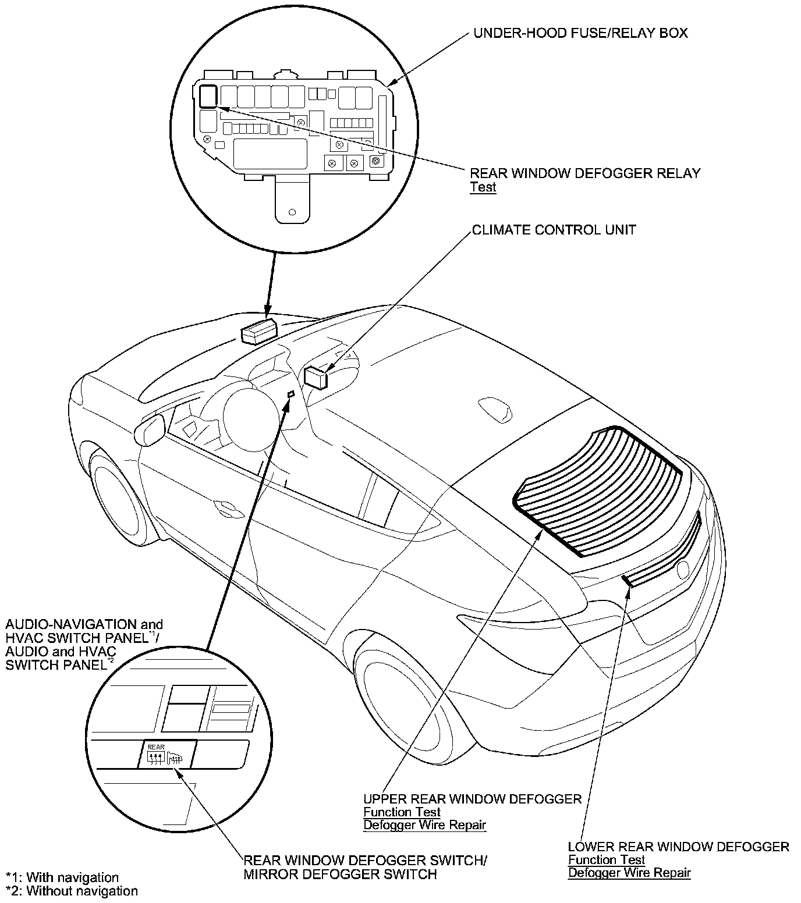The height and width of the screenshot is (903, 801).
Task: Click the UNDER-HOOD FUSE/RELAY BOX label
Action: pos(580,33)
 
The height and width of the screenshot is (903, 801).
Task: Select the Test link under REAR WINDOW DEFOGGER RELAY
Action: pos(483,187)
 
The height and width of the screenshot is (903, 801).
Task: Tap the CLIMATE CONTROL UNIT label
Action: pos(554,230)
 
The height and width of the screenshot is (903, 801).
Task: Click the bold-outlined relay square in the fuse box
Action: pos(207,96)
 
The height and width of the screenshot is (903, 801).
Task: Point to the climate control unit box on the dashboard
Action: pos(316,378)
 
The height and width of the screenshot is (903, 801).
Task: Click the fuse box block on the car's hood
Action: pos(258,332)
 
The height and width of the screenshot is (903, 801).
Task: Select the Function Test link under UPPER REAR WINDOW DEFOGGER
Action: pos(402,812)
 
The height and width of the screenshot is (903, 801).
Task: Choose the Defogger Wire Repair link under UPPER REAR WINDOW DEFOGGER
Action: pos(424,824)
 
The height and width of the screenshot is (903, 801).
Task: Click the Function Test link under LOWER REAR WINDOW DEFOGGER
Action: pos(607,859)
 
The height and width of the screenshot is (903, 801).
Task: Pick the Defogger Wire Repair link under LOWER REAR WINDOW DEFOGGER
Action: pos(629,872)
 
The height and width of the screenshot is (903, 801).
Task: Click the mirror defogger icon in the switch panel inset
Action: pos(174,758)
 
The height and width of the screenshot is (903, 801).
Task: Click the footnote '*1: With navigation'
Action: pos(62,877)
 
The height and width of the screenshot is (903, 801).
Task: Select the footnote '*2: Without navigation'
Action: pos(72,891)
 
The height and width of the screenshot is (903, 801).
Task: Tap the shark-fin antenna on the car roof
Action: pos(494,409)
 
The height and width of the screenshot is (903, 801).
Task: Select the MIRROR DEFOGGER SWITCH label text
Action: pos(340,874)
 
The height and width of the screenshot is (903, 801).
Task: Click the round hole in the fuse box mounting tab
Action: pos(292,213)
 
